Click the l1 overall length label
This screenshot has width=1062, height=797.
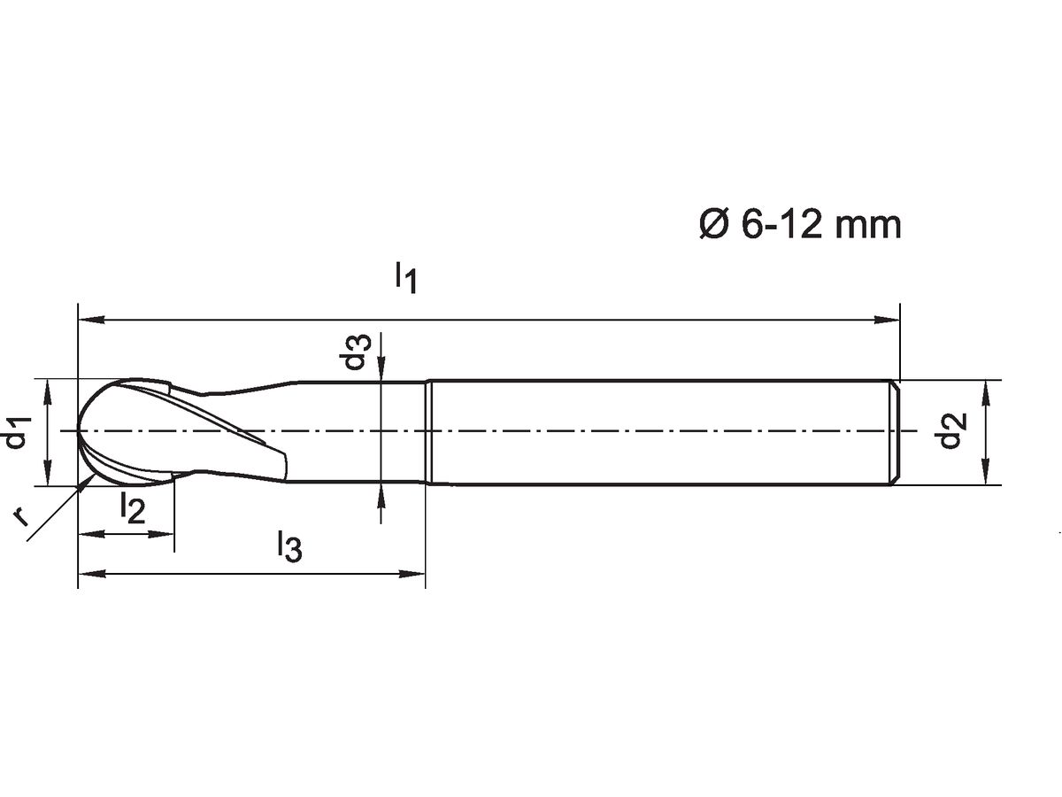point(404,276)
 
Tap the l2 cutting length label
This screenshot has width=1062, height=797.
point(132,507)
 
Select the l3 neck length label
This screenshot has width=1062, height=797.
point(289,546)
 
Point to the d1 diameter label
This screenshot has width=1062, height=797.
point(19,433)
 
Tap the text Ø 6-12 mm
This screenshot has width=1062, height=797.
point(799,225)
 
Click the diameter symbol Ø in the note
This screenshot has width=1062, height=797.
point(713,225)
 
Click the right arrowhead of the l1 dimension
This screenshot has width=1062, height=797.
point(889,319)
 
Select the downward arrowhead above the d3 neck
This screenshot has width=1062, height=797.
point(381,370)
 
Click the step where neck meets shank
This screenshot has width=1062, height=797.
point(427,432)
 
